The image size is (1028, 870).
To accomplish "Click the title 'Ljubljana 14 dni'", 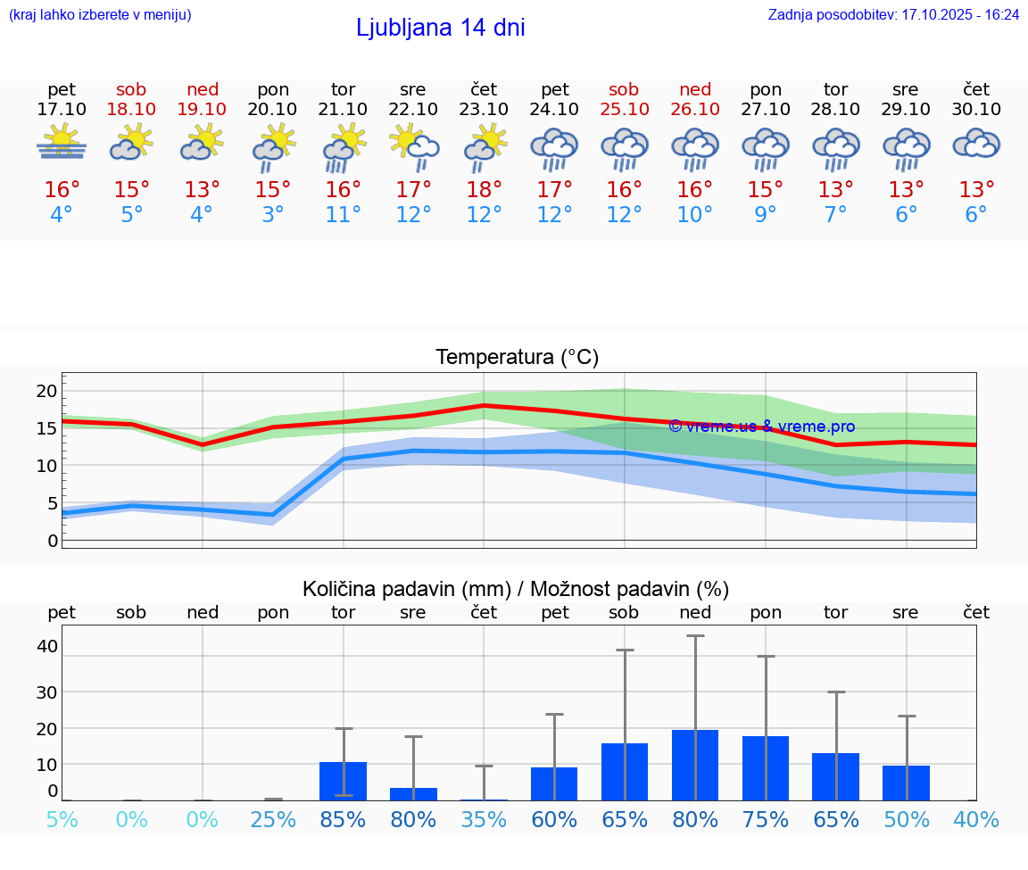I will pos(440,28).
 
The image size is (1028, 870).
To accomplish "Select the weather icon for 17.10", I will pos(61,143).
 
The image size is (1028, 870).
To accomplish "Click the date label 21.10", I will pos(343,109).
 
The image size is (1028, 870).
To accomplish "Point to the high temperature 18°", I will pos(484,190).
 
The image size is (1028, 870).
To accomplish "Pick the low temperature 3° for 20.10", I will pos(272,215).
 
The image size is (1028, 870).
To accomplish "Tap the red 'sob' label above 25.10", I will pos(624,89).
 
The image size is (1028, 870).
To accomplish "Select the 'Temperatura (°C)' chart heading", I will pos(517,358).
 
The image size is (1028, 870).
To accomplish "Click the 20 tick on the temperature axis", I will pos(46,391).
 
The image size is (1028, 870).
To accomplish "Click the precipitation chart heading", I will pos(516,589).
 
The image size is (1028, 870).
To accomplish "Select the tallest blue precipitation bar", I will pos(695,765).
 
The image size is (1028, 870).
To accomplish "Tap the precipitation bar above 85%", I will pos(343,781).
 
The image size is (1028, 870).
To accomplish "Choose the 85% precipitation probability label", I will pos(343,819).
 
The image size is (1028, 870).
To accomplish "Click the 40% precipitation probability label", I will pos(976,819).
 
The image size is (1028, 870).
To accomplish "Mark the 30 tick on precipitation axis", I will pos(46,692).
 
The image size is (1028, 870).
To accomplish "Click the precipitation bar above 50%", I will pos(906,783).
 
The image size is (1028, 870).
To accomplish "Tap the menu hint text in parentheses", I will pos(100,15).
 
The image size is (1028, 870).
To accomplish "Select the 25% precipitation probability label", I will pos(272,819).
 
